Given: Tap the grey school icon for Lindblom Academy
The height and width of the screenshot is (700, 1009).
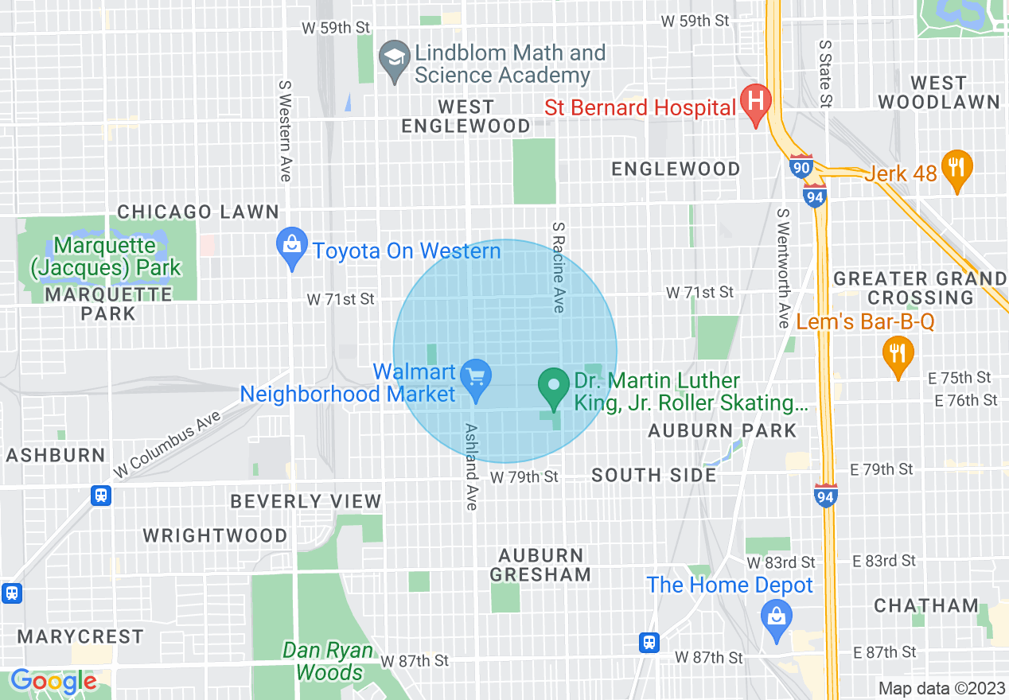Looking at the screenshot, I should click(x=393, y=57).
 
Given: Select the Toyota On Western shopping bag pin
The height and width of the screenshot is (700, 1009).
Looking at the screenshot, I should click(x=292, y=244).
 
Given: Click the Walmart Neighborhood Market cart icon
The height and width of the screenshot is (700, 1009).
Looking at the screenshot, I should click(x=477, y=376).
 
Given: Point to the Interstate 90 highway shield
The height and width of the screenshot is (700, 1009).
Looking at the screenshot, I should click(x=801, y=166).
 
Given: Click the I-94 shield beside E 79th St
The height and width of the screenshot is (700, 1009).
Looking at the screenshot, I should click(x=825, y=495).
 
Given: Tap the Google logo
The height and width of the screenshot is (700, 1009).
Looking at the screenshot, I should click(x=53, y=682).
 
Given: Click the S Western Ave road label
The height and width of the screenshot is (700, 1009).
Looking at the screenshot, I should click(x=285, y=130).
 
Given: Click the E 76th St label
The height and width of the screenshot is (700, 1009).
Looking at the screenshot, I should click(x=966, y=400).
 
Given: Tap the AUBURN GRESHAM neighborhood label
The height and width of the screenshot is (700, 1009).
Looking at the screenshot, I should click(x=540, y=565).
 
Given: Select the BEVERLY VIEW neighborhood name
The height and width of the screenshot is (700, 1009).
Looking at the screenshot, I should click(x=306, y=501).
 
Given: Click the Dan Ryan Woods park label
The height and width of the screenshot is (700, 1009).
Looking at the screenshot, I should click(x=328, y=662).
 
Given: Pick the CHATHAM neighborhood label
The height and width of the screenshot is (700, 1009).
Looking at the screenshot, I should click(x=926, y=605).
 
